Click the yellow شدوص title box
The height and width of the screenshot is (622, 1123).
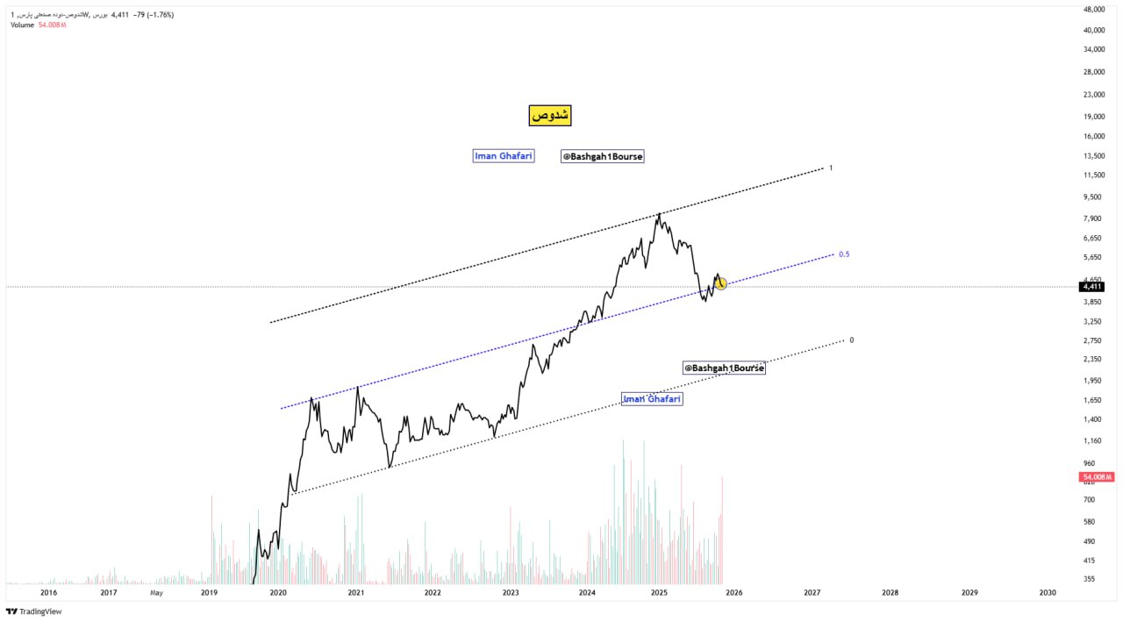550,115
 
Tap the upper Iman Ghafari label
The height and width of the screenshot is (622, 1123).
504,156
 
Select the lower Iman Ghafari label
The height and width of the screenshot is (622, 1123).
651,399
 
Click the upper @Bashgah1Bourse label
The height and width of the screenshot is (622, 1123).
602,156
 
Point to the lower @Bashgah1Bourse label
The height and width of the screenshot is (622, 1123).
724,368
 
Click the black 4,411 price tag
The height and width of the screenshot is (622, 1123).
1092,287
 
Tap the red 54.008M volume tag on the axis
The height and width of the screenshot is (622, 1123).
1097,476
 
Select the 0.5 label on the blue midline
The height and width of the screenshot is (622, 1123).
844,254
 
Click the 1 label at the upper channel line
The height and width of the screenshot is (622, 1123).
831,168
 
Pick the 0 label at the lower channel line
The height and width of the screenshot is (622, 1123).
852,340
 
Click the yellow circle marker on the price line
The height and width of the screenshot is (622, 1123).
720,283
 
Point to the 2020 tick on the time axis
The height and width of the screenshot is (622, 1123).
278,593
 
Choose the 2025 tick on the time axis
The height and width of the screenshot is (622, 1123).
660,593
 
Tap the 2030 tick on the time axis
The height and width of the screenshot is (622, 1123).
1047,593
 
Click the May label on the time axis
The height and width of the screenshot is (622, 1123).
156,593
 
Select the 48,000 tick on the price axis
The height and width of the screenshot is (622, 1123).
1093,10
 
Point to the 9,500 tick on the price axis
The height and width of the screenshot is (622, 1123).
1092,197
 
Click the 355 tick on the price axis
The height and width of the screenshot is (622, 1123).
1089,578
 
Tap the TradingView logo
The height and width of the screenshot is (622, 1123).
34,611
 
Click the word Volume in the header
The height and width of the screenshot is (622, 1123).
22,25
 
